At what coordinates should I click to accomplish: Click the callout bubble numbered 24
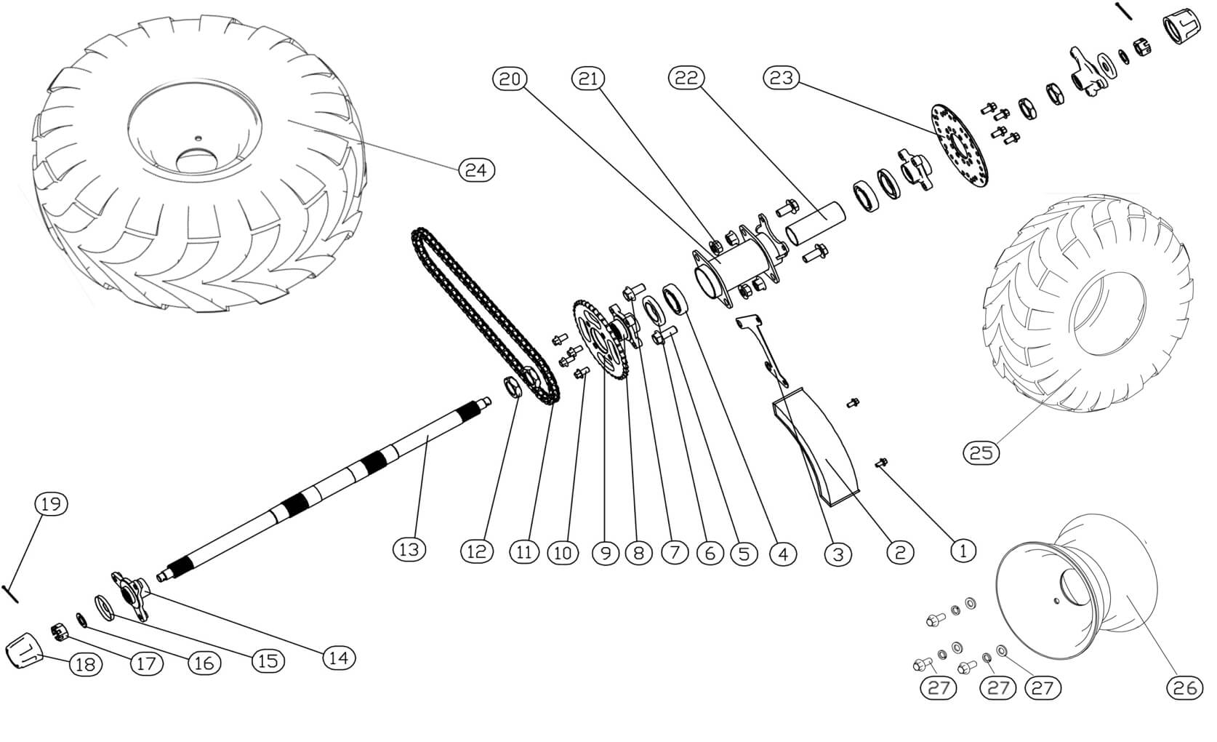coord(476,170)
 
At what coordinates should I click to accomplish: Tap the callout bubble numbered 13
coord(409,549)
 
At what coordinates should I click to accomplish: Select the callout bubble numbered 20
coord(510,79)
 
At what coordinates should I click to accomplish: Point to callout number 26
coord(1184,687)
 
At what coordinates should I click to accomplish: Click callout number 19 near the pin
coord(50,504)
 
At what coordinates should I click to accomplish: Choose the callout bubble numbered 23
coord(781,79)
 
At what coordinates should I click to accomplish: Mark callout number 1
coord(963,551)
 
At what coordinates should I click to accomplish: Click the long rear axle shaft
coord(327,487)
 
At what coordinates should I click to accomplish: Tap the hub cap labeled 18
coord(23,649)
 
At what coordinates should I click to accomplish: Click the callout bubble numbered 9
coord(605,553)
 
